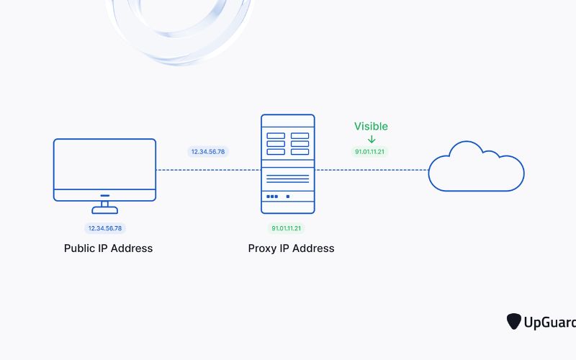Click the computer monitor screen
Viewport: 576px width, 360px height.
coord(104,164)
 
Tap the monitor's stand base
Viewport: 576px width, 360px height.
coord(104,210)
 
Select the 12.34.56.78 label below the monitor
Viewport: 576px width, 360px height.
coord(104,228)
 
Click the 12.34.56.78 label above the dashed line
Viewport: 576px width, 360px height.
coord(207,152)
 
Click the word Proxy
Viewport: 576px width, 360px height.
coord(263,248)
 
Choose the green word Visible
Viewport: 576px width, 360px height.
coord(371,127)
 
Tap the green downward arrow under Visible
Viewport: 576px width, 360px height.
coord(372,139)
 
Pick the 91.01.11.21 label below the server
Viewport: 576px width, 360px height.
coord(287,228)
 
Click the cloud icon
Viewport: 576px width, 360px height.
coord(476,170)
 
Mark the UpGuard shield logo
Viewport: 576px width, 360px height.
coord(514,321)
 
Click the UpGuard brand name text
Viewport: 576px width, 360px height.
coord(550,321)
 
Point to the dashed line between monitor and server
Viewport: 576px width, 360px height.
coord(208,170)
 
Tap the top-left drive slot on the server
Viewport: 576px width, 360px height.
coord(276,135)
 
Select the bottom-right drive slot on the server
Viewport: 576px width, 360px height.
coord(300,152)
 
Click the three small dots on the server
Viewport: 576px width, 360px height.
coord(273,197)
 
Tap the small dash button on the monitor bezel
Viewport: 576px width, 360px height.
coord(104,195)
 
